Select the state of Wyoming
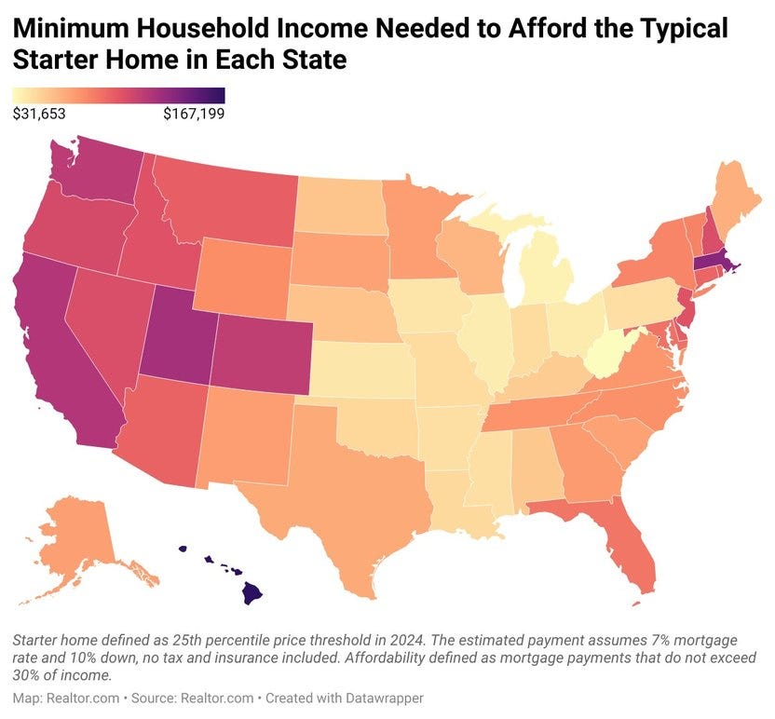(x=243, y=269)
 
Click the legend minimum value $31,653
(x=39, y=115)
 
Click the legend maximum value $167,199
(x=194, y=115)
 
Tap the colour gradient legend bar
(x=118, y=95)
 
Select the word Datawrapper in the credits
(x=306, y=698)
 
